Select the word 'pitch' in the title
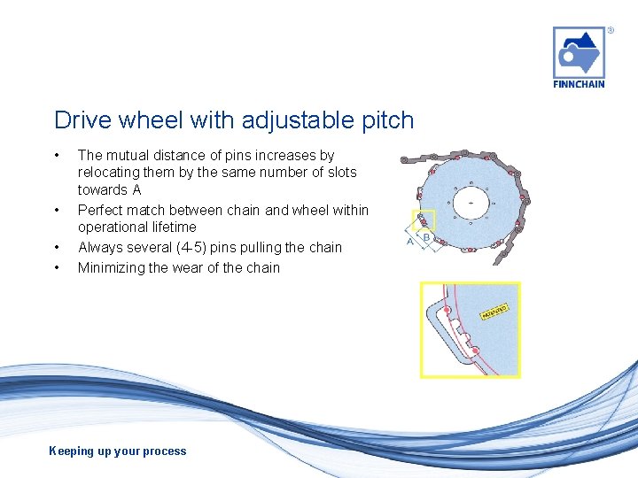pos(386,120)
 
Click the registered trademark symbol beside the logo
pos(611,30)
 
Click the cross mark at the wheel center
pos(470,203)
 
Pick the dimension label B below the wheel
pos(426,236)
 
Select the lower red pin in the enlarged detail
pos(476,351)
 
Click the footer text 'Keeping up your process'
pos(118,451)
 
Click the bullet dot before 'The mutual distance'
pos(58,155)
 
